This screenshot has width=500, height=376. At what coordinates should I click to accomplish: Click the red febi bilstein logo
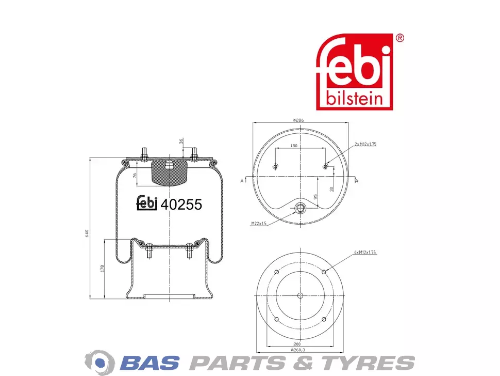click(x=354, y=72)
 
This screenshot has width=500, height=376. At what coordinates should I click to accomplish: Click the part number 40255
click(x=181, y=205)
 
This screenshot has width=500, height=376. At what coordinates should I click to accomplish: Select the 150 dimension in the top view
click(x=294, y=146)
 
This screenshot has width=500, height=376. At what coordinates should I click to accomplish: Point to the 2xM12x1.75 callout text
click(x=365, y=144)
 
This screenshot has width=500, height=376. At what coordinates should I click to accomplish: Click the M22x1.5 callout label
click(x=259, y=223)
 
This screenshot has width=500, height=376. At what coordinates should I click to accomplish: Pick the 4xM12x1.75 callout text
click(x=365, y=252)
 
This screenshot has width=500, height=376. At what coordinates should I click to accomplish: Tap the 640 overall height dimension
click(x=87, y=233)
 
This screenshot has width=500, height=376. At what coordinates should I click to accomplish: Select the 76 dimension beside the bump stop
click(x=135, y=176)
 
